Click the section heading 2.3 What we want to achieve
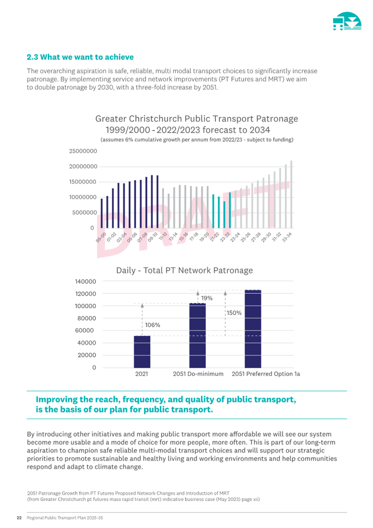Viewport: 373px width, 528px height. click(80, 57)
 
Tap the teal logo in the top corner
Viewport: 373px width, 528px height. click(347, 21)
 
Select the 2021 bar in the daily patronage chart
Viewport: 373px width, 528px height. click(142, 352)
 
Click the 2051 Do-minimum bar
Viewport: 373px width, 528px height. click(198, 335)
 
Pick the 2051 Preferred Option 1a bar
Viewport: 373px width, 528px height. click(253, 329)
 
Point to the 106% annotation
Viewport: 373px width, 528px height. click(153, 325)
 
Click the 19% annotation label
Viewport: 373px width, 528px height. click(207, 298)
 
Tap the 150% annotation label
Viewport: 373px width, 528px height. click(234, 313)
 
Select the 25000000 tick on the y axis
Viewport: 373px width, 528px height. click(83, 151)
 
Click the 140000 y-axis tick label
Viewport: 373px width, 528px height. click(86, 282)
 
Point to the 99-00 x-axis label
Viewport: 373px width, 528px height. click(101, 237)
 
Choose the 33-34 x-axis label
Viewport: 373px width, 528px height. click(287, 237)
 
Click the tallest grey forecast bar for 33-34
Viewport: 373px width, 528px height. click(291, 195)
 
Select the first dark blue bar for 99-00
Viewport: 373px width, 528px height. click(102, 213)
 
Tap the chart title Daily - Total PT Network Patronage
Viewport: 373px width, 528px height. click(184, 270)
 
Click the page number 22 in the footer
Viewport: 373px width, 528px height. click(19, 518)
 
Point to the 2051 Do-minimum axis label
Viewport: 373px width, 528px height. click(198, 374)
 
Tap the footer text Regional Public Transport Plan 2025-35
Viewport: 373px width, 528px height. click(65, 518)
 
